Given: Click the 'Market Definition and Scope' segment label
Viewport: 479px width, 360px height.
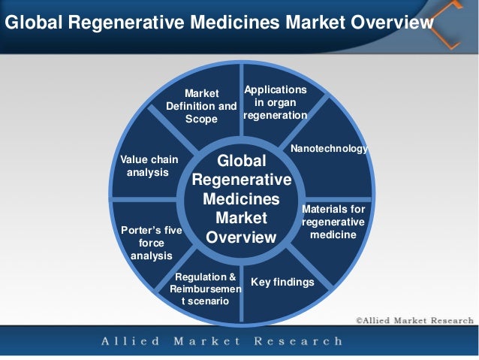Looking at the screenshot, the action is (x=201, y=106).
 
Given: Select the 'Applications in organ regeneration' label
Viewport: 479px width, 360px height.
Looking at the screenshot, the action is (x=275, y=102).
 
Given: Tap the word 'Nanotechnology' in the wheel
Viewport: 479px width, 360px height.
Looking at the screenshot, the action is (x=329, y=149).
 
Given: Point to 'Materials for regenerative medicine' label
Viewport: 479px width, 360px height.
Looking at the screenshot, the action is (x=333, y=222).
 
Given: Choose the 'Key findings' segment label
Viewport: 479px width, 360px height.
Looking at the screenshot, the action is (x=282, y=282).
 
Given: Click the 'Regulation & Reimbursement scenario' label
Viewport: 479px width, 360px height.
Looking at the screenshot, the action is (x=206, y=289).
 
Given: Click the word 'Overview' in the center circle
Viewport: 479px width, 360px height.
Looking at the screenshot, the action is (x=241, y=237).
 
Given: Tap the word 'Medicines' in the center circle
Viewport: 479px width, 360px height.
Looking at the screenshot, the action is (x=241, y=200).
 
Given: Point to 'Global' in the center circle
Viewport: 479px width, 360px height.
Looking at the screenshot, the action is (x=241, y=162).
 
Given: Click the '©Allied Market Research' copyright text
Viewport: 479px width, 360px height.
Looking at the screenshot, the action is (x=414, y=320).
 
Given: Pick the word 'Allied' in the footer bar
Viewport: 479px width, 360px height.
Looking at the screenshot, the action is (x=131, y=342).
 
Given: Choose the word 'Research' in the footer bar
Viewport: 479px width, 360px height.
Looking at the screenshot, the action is (x=298, y=342).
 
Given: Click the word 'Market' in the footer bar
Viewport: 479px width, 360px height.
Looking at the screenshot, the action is (x=206, y=342).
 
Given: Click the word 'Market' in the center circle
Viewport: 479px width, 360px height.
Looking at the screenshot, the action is (x=241, y=219).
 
